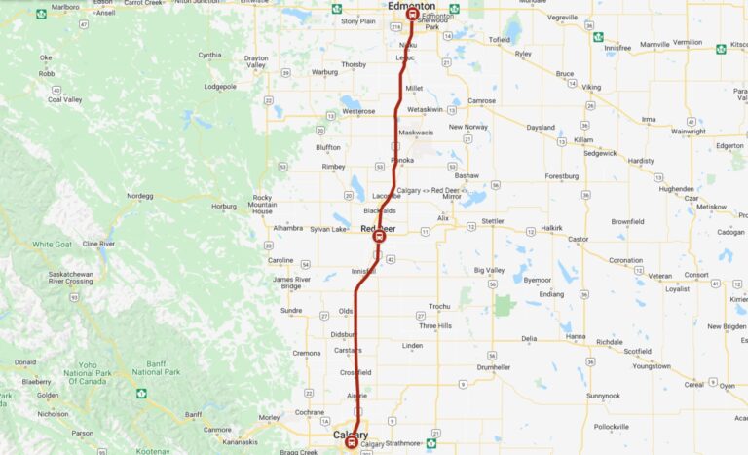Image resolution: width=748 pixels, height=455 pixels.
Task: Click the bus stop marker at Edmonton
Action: pos(413,15)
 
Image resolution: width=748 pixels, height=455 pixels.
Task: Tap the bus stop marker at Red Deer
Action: pos(380,236)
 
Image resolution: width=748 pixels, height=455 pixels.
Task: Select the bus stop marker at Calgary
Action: pos(352,442)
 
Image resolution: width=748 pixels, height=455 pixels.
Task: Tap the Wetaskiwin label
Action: pos(425,110)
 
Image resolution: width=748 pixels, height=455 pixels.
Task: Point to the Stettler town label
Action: pos(493,221)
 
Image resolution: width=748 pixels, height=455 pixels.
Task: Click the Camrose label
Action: pos(481,101)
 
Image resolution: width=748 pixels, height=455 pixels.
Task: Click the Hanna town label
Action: pos(576,336)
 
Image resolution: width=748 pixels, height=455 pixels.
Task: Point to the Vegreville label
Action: pos(562,18)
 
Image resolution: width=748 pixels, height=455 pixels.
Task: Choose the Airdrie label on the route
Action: pos(356,396)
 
